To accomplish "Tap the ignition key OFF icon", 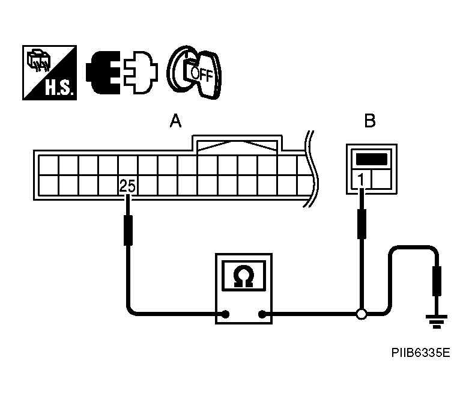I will [x=194, y=72].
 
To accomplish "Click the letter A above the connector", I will [x=175, y=122].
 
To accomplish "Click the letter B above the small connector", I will [x=370, y=122].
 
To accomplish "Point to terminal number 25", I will [x=127, y=186].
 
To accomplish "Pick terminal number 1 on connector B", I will [x=360, y=179].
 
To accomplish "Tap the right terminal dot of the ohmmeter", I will [x=262, y=313].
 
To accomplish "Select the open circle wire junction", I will [x=361, y=313].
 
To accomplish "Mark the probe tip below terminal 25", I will [x=127, y=231].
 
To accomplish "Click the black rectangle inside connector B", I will [x=371, y=159].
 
